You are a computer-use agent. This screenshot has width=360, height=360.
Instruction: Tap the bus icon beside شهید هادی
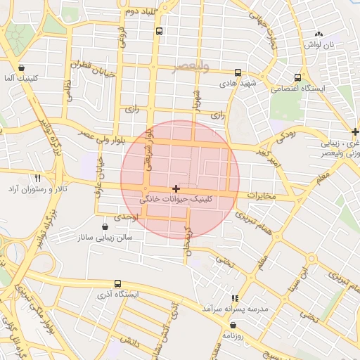[x=238, y=72]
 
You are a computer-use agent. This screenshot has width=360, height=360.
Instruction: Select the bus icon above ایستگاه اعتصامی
[x=298, y=77]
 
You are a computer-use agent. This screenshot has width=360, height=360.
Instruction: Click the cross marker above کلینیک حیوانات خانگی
[x=176, y=188]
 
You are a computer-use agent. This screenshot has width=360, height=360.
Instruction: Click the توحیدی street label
[x=117, y=218]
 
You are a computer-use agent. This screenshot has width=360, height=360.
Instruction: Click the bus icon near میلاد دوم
[x=160, y=31]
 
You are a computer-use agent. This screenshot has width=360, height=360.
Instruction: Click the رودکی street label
[x=287, y=131]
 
